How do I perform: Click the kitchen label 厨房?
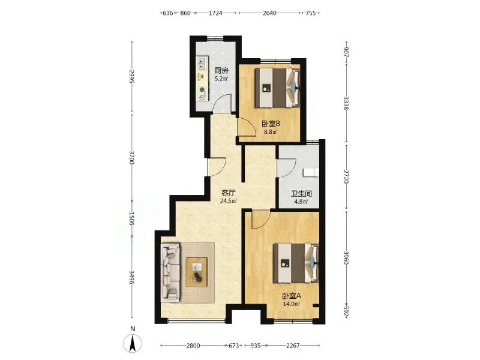pyautogui.click(x=221, y=70)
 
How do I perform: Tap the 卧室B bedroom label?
pyautogui.click(x=271, y=124)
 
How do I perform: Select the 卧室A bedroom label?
pyautogui.click(x=292, y=296)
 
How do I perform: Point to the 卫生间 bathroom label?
pyautogui.click(x=301, y=193)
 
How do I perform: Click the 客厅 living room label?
pyautogui.click(x=229, y=193)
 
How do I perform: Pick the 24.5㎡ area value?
pyautogui.click(x=229, y=201)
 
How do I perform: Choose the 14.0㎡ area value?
pyautogui.click(x=292, y=304)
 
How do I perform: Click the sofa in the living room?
pyautogui.click(x=170, y=272)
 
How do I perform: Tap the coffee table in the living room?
pyautogui.click(x=196, y=272)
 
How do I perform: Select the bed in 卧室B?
pyautogui.click(x=277, y=88)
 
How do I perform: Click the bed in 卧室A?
pyautogui.click(x=296, y=263)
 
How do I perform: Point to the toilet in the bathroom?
pyautogui.click(x=311, y=172)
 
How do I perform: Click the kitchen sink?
pyautogui.click(x=202, y=62)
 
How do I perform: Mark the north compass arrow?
pyautogui.click(x=132, y=343)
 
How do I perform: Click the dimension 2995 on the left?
pyautogui.click(x=132, y=77)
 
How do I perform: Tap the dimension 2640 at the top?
pyautogui.click(x=269, y=13)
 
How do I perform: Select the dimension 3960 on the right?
pyautogui.click(x=346, y=258)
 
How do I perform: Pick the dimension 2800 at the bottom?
pyautogui.click(x=193, y=346)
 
